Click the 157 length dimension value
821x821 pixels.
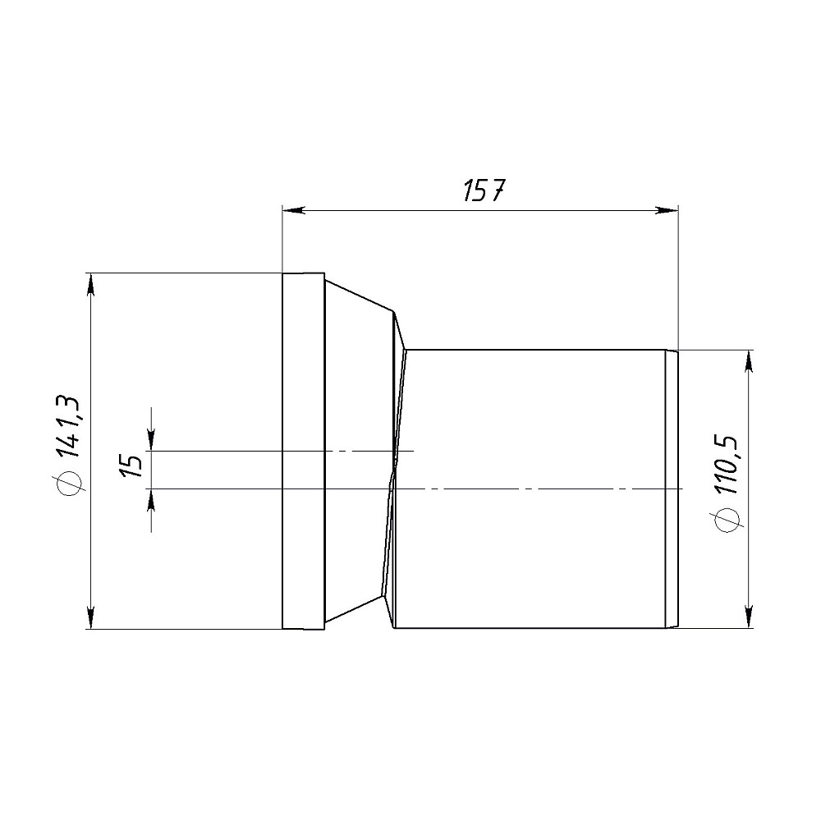point(484,190)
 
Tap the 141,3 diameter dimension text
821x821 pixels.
point(69,427)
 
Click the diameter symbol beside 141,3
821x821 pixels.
point(69,481)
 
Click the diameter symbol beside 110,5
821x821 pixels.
point(727,520)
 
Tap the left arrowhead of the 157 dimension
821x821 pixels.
point(293,210)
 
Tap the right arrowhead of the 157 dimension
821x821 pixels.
point(667,210)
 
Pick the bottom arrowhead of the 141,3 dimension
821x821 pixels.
point(92,617)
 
